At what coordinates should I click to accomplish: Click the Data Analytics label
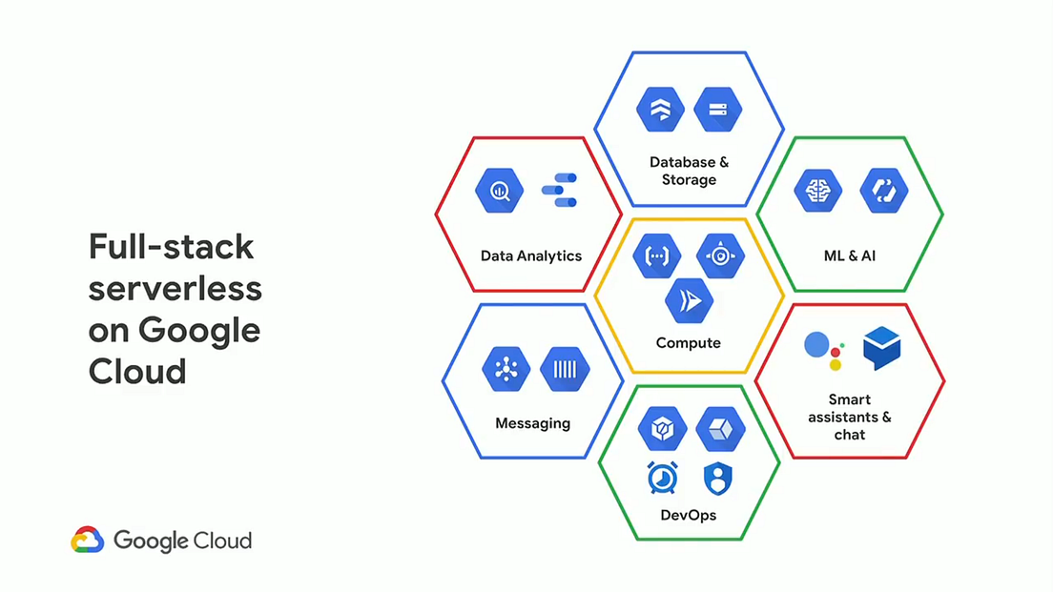click(x=531, y=255)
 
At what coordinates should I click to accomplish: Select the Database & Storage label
click(x=689, y=171)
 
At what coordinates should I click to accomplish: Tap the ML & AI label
click(x=849, y=255)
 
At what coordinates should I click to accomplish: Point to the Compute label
click(x=689, y=342)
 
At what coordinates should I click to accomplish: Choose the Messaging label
click(x=532, y=423)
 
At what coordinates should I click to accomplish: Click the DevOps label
click(x=689, y=515)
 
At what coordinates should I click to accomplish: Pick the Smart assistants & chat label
click(x=849, y=417)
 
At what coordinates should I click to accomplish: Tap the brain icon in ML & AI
click(x=817, y=191)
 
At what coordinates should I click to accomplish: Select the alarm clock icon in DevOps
click(x=661, y=478)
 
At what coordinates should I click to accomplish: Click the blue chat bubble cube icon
click(x=881, y=348)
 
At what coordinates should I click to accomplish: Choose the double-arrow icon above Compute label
click(x=689, y=301)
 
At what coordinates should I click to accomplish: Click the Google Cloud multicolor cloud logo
click(x=87, y=541)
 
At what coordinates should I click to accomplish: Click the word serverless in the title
click(x=175, y=288)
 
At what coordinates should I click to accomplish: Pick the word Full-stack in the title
click(x=172, y=247)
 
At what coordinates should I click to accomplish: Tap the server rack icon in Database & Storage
click(x=718, y=109)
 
